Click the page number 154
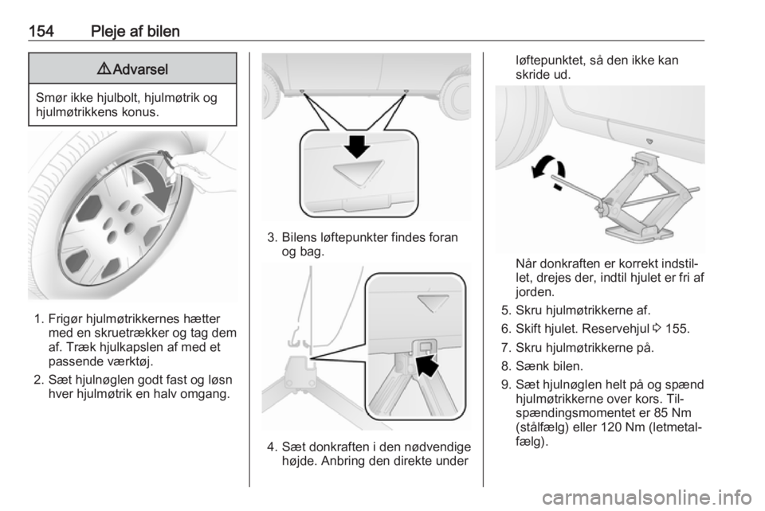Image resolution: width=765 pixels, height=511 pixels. [41, 32]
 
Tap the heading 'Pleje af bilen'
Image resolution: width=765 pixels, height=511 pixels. [135, 32]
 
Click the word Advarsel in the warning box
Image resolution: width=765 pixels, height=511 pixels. [140, 69]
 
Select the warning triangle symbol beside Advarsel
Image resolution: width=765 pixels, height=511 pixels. [104, 69]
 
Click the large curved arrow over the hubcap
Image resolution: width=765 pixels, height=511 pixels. [155, 186]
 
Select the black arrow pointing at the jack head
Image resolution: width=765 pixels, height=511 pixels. [427, 365]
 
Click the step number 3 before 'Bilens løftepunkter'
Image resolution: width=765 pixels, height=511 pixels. [272, 238]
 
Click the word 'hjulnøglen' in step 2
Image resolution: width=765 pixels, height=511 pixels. [96, 380]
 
